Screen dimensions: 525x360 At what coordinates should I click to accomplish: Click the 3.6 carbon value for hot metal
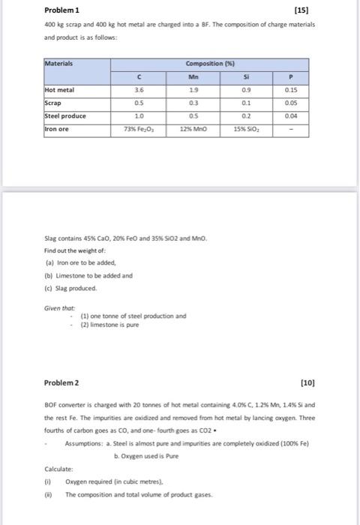140,88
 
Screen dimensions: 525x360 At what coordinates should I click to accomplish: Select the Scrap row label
52,102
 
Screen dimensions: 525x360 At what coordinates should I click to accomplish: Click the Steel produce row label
66,115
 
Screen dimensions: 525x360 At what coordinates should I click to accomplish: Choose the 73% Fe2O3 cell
140,130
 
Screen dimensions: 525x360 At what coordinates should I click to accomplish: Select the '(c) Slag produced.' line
72,288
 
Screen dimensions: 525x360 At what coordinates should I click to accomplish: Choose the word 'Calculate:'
58,470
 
